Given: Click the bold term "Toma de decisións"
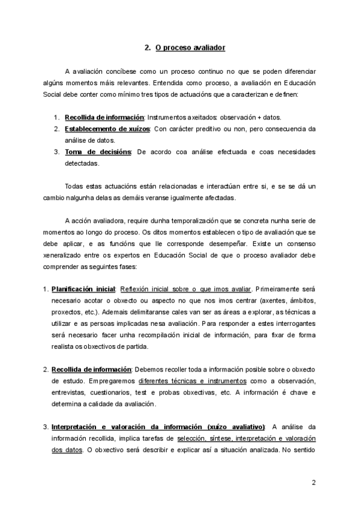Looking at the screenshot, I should (98, 152).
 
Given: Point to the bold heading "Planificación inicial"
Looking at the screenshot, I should (83, 288).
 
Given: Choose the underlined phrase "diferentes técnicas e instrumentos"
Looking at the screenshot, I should (192, 381).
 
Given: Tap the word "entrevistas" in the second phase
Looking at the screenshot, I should (70, 392).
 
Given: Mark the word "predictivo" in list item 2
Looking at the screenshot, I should (211, 129).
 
